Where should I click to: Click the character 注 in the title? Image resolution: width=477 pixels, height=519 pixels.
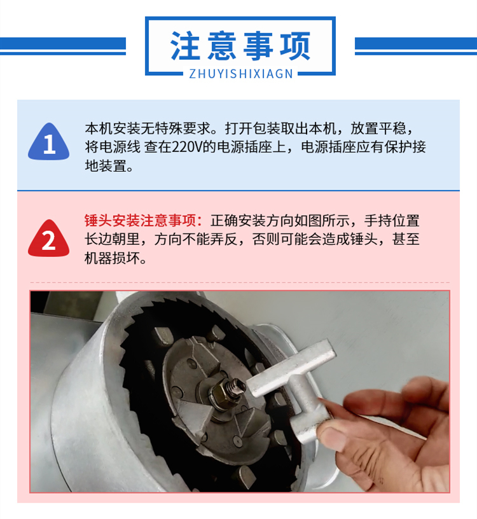[x=185, y=46]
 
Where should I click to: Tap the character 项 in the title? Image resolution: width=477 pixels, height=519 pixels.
[x=295, y=46]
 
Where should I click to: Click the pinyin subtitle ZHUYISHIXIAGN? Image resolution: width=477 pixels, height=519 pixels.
[x=241, y=74]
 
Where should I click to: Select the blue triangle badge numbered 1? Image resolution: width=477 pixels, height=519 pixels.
[x=49, y=142]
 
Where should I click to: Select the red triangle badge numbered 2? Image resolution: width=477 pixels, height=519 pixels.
[x=49, y=239]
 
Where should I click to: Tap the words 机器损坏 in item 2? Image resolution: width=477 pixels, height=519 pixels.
[x=112, y=258]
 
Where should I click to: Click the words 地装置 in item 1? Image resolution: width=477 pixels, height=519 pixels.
[x=106, y=166]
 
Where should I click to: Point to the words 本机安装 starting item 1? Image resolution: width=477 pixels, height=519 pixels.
[x=113, y=128]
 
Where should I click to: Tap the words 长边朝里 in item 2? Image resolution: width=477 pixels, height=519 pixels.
[x=112, y=239]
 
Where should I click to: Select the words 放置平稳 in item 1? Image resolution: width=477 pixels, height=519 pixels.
[x=378, y=128]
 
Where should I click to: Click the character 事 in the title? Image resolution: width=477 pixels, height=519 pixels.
[x=258, y=46]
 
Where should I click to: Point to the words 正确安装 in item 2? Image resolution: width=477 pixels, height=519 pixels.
[x=238, y=221]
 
